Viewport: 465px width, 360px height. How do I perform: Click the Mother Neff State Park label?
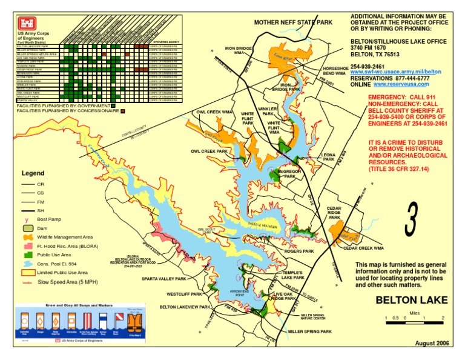[293, 22]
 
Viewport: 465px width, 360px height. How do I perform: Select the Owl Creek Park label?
[209, 151]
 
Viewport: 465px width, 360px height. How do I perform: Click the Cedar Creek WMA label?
[364, 248]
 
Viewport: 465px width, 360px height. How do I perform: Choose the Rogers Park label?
[299, 251]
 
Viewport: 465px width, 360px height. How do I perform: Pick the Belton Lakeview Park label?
[185, 307]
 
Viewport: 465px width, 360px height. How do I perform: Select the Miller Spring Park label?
[309, 332]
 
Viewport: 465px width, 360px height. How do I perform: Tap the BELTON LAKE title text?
[411, 300]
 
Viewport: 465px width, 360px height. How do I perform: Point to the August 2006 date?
[432, 343]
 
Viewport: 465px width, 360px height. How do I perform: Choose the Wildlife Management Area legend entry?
[64, 237]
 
